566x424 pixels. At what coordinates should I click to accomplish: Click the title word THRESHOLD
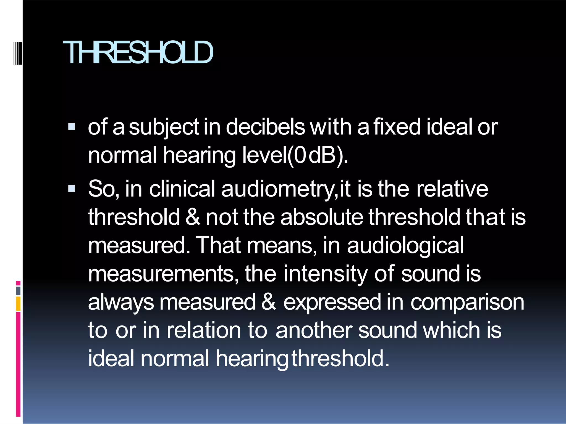point(138,52)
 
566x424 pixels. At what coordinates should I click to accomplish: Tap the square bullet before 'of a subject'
point(72,127)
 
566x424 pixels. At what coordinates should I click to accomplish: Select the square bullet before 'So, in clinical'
point(72,189)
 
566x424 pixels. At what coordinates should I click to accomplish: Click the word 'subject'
point(164,127)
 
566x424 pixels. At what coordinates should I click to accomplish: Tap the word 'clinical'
point(182,189)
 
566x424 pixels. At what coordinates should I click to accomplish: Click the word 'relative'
point(452,189)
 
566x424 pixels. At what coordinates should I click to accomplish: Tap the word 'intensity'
point(325,274)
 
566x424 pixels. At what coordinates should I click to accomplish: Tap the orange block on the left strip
point(18,304)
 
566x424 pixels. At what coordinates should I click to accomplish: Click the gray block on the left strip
point(18,291)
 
